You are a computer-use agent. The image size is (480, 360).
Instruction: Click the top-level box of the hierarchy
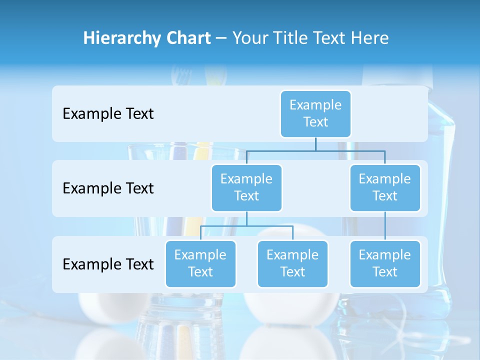click(315, 113)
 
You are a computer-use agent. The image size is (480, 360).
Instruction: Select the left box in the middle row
click(246, 187)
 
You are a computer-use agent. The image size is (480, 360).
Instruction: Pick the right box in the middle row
click(385, 187)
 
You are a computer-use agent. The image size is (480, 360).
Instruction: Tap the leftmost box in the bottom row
click(200, 263)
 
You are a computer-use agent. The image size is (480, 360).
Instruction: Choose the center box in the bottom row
click(292, 263)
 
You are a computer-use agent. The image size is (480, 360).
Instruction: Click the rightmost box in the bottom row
click(385, 263)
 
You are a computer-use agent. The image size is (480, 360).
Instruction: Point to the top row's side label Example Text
click(108, 114)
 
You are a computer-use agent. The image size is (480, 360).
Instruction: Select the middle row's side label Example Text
click(108, 188)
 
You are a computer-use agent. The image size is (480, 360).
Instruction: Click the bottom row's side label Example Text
click(108, 264)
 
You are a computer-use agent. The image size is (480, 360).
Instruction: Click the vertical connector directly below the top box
click(315, 144)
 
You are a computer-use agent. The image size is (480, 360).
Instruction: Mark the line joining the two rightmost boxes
click(385, 226)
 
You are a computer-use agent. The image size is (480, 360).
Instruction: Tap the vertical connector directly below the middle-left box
click(246, 218)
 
